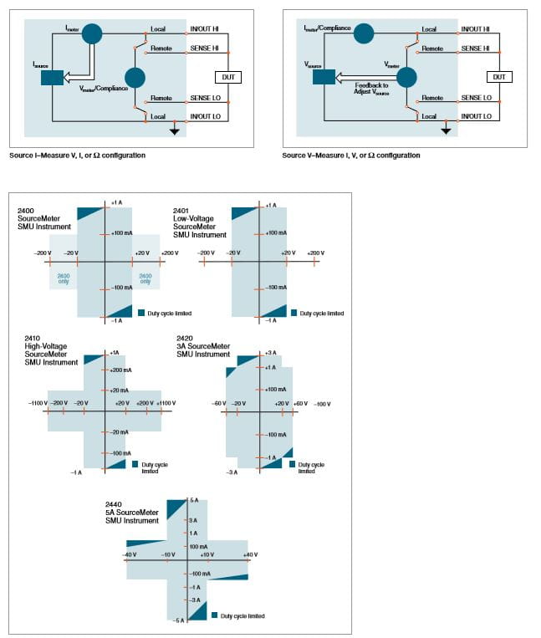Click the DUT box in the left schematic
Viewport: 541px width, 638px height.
pos(227,78)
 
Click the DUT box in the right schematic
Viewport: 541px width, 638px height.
pos(498,77)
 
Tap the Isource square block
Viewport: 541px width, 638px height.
pos(52,78)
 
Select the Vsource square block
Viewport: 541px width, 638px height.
pos(323,77)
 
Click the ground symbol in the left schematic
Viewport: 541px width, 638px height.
pos(174,130)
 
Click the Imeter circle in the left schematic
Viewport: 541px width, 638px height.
pos(93,33)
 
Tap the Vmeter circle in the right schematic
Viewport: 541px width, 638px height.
pos(406,78)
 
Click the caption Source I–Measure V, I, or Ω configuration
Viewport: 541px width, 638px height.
pos(78,156)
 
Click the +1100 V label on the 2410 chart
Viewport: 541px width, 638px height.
pos(165,403)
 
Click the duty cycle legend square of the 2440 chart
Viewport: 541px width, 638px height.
pos(215,615)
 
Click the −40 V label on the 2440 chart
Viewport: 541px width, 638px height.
pos(129,554)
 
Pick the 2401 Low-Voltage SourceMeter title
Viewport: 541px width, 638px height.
pos(199,222)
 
